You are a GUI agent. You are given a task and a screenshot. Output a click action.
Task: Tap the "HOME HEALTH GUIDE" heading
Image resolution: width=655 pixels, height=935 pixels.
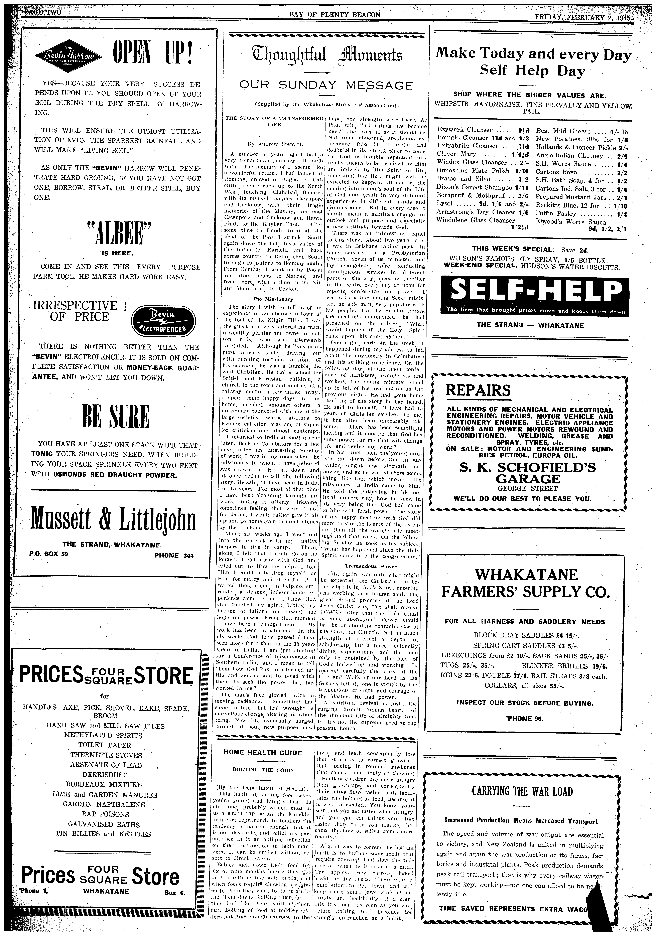pyautogui.click(x=263, y=753)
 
